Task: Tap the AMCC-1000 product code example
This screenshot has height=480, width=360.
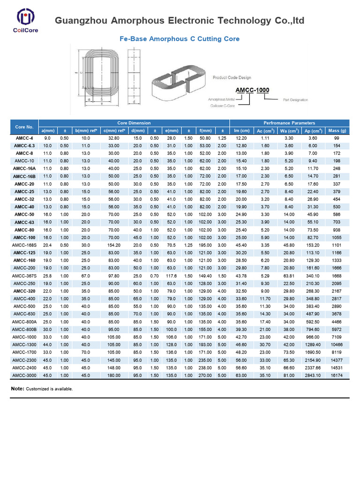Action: click(252, 90)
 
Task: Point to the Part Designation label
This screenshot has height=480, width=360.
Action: click(295, 100)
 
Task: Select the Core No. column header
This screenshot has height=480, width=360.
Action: click(24, 127)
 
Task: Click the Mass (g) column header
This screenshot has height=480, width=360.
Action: click(337, 130)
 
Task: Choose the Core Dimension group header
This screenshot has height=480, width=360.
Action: click(134, 123)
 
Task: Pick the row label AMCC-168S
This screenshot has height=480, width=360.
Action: click(24, 245)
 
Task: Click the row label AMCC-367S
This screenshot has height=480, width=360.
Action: click(24, 275)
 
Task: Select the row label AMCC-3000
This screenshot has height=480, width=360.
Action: click(24, 375)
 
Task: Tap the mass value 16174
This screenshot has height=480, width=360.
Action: click(337, 375)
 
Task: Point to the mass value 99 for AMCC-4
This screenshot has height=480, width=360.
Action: click(337, 138)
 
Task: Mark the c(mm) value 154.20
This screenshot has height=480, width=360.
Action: click(114, 245)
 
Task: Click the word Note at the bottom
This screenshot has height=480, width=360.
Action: click(17, 389)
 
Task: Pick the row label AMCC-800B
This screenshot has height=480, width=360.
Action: click(24, 329)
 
